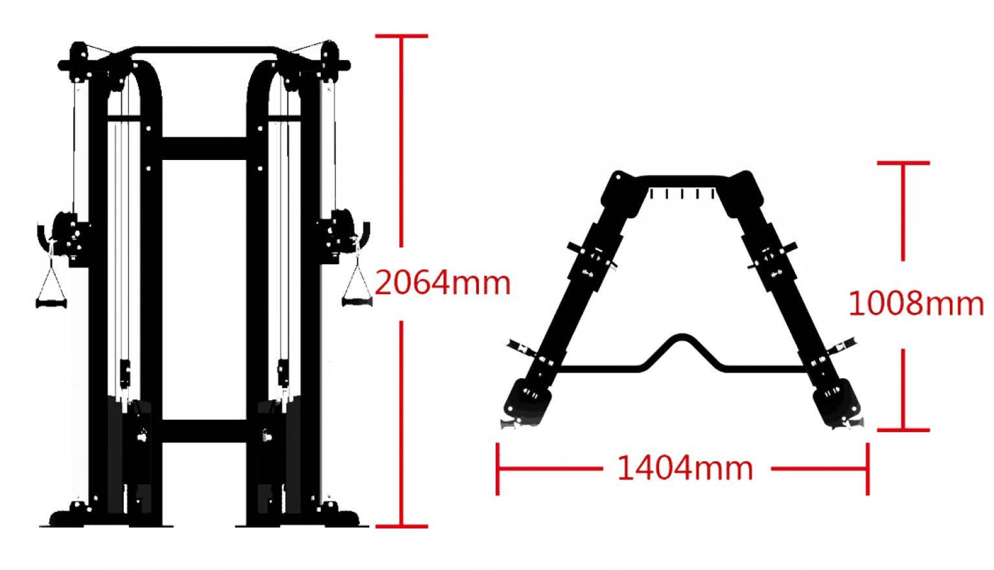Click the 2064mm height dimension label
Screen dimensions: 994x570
443,283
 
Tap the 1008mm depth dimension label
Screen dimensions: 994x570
916,304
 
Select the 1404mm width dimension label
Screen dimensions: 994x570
685,468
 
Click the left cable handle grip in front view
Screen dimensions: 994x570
51,303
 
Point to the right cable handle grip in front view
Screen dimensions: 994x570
356,302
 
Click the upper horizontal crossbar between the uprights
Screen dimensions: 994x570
204,148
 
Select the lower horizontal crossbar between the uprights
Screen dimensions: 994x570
204,431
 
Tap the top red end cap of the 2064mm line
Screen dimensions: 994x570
402,36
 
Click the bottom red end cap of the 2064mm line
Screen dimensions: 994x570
402,527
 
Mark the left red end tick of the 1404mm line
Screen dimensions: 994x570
498,468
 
